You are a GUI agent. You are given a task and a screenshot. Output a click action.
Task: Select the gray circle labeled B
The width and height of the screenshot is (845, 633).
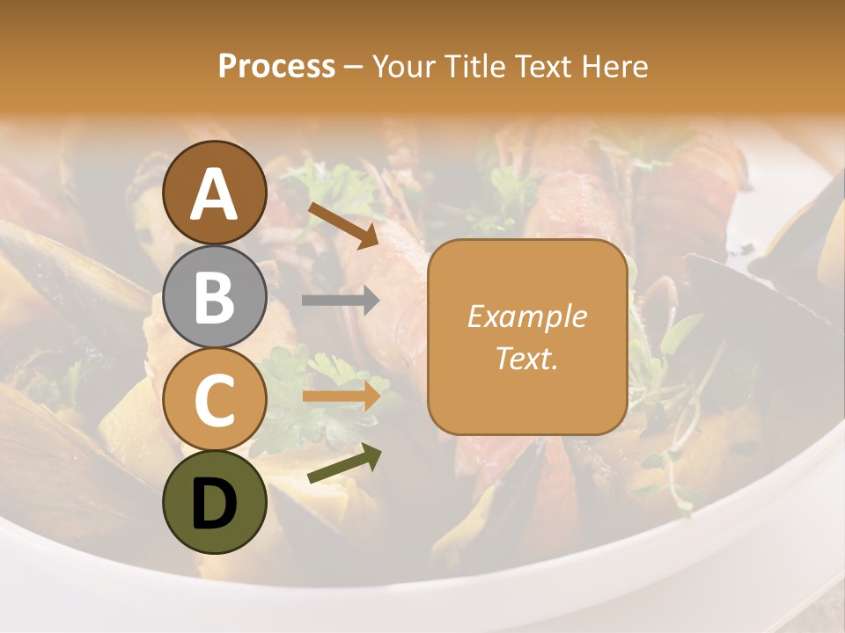coord(215,297)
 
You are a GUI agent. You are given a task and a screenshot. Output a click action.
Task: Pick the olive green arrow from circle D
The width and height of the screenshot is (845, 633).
coord(344,464)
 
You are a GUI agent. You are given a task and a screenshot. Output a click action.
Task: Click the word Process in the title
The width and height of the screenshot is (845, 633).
coord(276,67)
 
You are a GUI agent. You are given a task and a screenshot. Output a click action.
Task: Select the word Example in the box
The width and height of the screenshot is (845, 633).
coord(526,316)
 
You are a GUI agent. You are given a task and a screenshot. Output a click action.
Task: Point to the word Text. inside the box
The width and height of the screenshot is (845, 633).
coord(526,358)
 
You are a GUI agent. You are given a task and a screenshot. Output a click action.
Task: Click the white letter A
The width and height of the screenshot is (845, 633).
coord(215,193)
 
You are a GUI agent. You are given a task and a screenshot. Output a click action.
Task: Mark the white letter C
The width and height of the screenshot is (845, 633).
coord(214,401)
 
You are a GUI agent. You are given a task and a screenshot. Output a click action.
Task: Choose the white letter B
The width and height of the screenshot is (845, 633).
coord(214,297)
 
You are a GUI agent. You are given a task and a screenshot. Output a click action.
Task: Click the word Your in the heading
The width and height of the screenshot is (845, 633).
coord(402,67)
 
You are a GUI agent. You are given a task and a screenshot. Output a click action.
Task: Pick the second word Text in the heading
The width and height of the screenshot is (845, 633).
coord(542,67)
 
